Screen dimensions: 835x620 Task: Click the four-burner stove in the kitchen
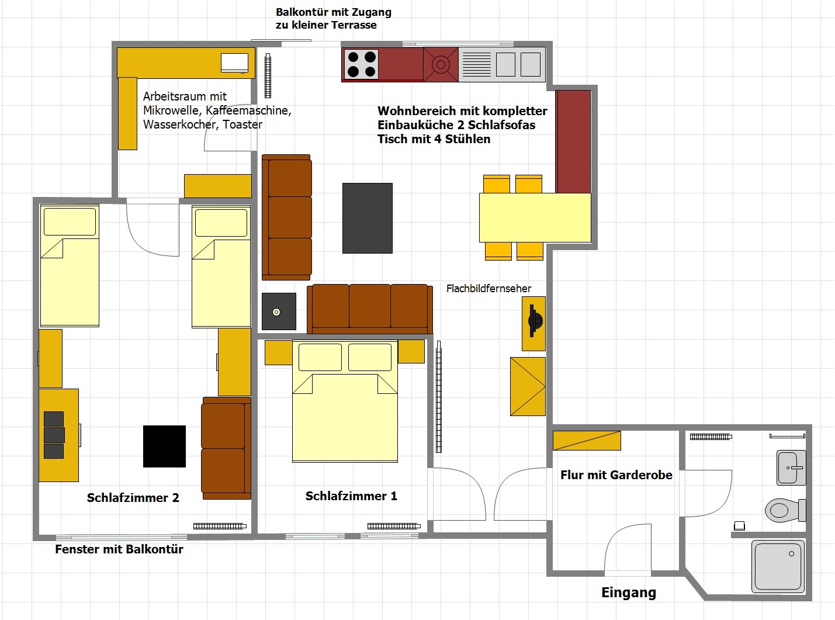(x=362, y=64)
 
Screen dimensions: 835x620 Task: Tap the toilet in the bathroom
(x=785, y=511)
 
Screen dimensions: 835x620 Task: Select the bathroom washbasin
(x=791, y=467)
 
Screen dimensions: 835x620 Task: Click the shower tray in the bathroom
(x=778, y=567)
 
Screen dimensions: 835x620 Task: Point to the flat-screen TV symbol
(x=535, y=321)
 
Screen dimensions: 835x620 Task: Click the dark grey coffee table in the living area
(x=368, y=218)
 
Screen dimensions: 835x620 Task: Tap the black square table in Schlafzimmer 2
(x=165, y=446)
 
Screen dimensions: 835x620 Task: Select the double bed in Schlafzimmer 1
(x=345, y=401)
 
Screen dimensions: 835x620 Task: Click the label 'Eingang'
(x=629, y=593)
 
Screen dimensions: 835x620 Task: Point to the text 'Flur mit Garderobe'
(x=616, y=475)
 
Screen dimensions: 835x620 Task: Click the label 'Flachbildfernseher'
(x=488, y=289)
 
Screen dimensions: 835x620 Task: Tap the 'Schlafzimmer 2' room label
(x=133, y=498)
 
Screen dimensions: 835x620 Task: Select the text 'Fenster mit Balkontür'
(x=119, y=549)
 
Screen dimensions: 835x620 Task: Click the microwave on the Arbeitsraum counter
(x=234, y=63)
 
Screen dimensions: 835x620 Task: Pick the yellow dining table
(x=535, y=217)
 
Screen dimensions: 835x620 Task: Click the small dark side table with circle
(x=279, y=311)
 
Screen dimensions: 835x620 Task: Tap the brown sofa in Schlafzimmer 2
(x=226, y=448)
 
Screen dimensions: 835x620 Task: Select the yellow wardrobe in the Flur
(x=587, y=441)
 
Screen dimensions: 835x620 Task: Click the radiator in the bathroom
(x=711, y=437)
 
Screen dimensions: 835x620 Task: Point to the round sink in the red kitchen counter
(x=441, y=64)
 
